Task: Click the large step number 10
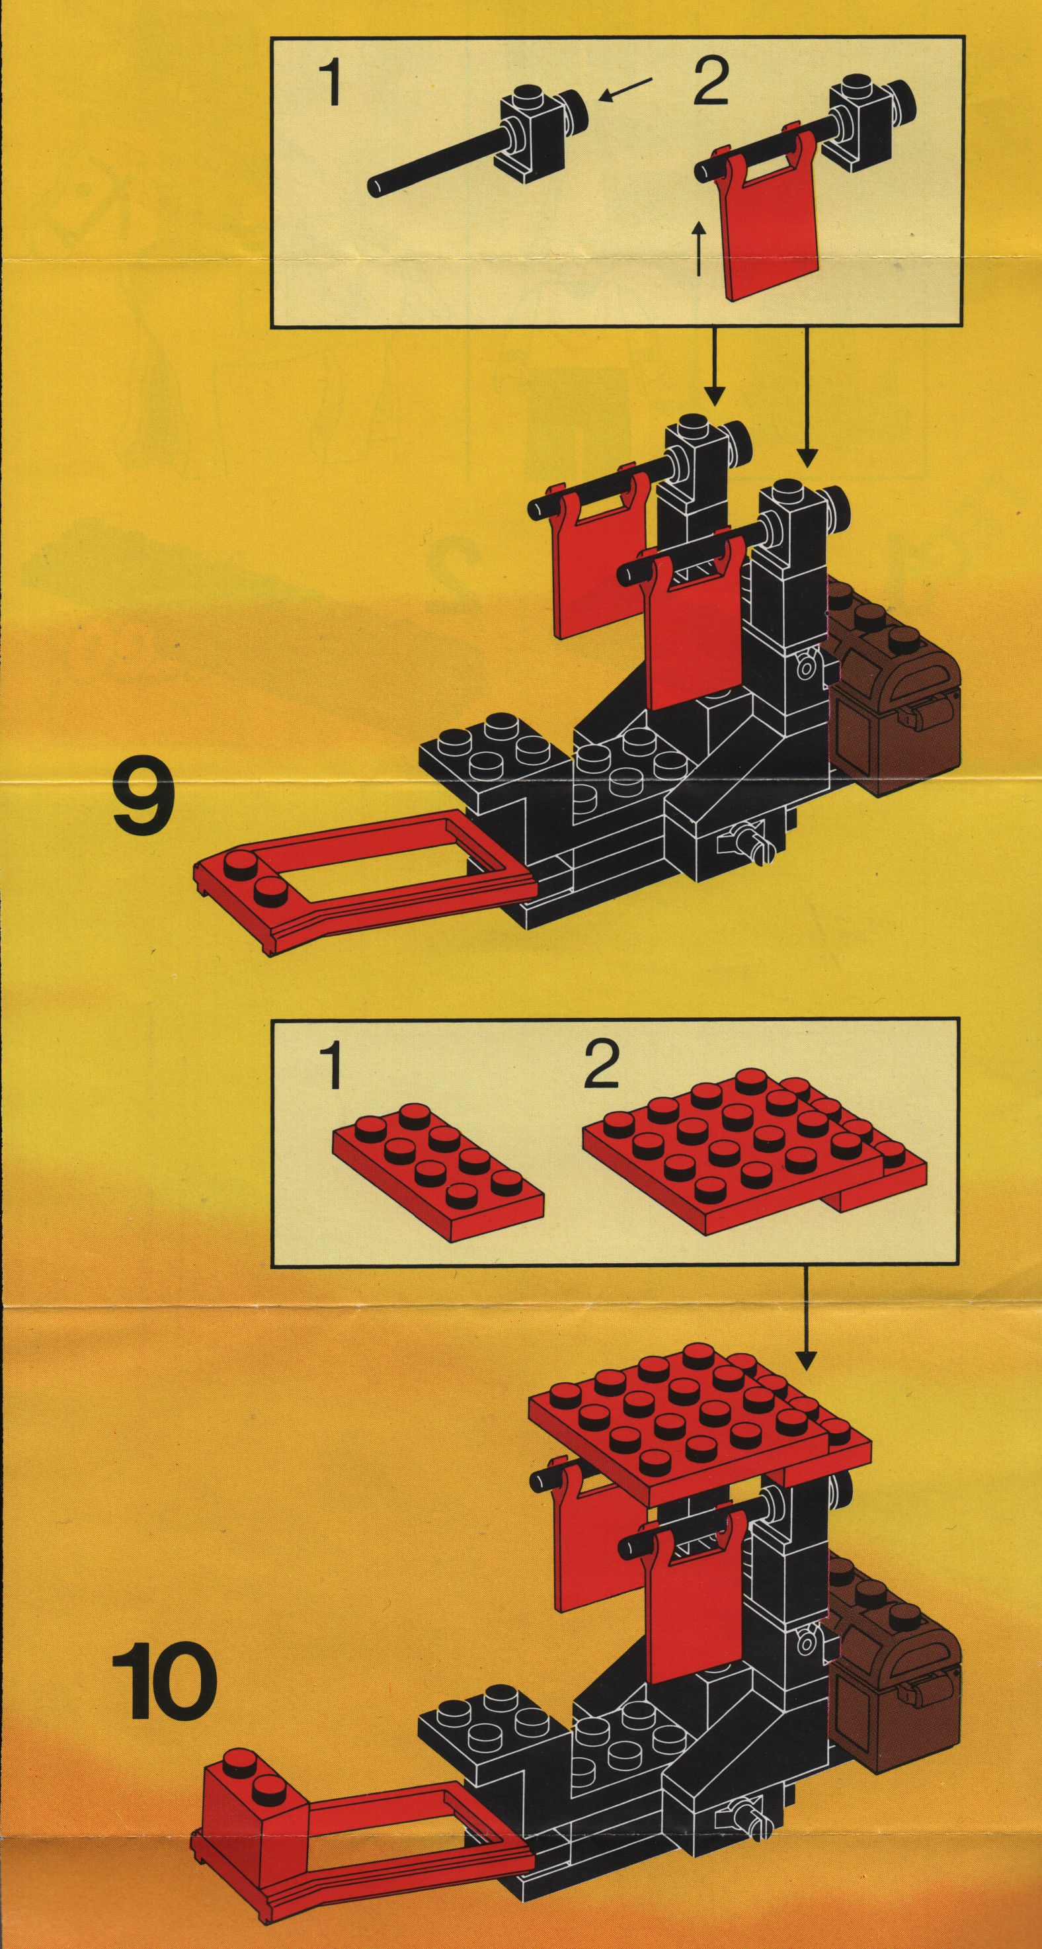[x=165, y=1682]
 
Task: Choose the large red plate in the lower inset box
[x=754, y=1157]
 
